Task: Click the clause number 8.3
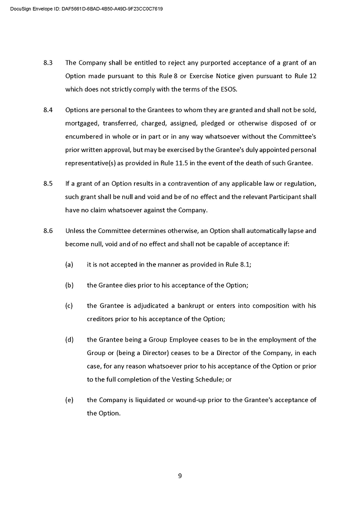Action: click(x=48, y=63)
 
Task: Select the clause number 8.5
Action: click(x=48, y=183)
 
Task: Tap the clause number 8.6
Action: click(x=48, y=231)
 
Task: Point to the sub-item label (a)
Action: click(x=69, y=265)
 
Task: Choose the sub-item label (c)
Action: click(x=69, y=305)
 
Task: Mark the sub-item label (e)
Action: click(x=69, y=400)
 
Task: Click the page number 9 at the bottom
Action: click(x=180, y=475)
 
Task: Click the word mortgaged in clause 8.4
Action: click(x=81, y=123)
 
